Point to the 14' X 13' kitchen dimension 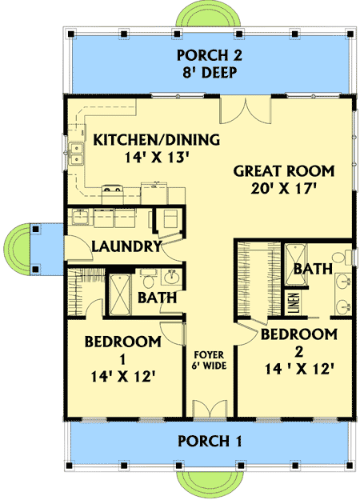[144, 158]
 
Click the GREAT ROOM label [283, 171]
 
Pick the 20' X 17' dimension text [283, 190]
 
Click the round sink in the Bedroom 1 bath [171, 278]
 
